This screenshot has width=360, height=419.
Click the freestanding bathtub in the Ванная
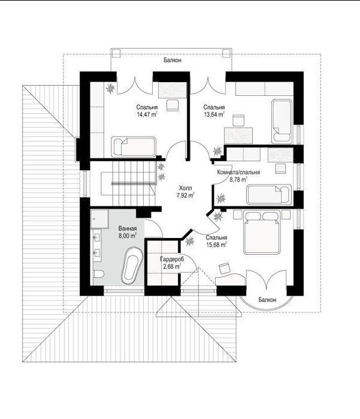(132, 266)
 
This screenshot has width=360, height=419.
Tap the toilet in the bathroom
(99, 274)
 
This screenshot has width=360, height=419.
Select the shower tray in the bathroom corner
(99, 219)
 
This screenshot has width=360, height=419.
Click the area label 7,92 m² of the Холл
(185, 195)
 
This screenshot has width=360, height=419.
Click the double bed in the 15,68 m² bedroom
(262, 232)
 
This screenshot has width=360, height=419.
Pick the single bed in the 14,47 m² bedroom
(133, 147)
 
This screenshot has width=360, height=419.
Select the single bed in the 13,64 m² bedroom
(282, 121)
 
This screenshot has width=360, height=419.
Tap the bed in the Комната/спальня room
(269, 195)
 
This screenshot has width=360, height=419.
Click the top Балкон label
(173, 61)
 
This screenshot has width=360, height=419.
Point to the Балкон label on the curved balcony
(267, 300)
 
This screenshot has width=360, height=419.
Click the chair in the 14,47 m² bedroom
(173, 105)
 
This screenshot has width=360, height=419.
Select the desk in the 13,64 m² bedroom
(238, 135)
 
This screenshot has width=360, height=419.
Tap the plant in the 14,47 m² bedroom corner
(110, 88)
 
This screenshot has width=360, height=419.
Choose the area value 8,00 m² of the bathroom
(128, 236)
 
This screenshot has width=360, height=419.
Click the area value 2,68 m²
(172, 266)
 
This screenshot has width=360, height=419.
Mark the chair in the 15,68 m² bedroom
(225, 269)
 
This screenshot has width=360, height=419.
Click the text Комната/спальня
(238, 173)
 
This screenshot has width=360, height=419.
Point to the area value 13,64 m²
(214, 114)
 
